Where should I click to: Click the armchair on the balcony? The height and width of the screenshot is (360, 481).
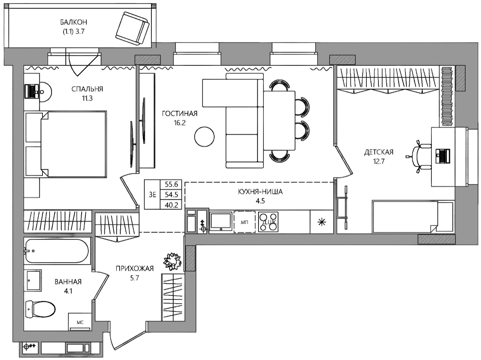133,29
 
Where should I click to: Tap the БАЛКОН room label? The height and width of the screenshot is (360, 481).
74,22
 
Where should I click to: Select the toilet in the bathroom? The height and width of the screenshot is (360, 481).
40,310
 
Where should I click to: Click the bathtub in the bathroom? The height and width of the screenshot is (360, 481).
57,251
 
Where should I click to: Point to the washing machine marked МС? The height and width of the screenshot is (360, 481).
80,322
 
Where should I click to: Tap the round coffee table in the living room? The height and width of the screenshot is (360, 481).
204,137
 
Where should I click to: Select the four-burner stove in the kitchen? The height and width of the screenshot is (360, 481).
268,222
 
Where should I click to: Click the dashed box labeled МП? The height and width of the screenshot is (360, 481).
244,222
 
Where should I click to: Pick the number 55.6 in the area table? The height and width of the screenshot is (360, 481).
171,184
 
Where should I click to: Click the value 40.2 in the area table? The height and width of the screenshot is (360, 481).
171,205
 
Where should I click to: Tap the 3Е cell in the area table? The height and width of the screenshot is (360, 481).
152,194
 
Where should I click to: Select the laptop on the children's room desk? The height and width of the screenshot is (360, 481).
443,156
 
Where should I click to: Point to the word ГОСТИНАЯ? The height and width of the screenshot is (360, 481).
180,114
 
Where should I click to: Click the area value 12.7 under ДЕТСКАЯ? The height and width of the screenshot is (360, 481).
379,161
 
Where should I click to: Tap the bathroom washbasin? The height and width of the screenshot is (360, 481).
34,280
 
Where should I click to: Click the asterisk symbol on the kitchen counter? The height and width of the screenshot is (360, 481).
322,222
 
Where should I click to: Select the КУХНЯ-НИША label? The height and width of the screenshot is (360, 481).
260,192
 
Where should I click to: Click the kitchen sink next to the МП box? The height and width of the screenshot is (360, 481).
221,221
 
